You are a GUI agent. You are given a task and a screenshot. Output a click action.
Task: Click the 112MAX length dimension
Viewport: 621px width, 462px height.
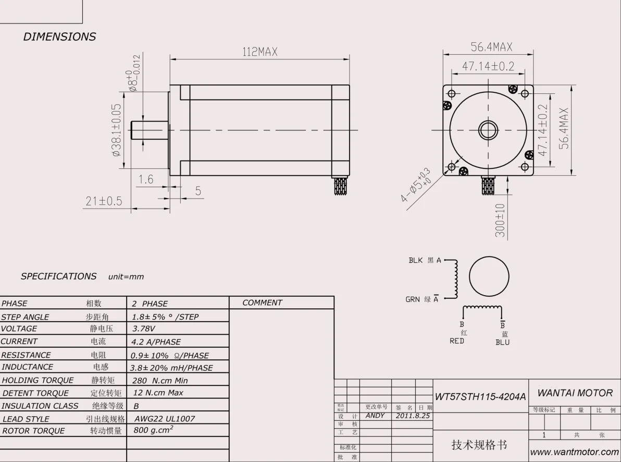point(259,52)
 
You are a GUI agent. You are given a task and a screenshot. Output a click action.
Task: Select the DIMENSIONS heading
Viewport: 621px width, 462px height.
point(59,37)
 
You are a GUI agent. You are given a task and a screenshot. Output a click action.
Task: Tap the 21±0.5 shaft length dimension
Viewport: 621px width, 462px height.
point(104,201)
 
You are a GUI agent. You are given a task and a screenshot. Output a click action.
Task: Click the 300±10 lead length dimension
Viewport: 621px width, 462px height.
point(500,221)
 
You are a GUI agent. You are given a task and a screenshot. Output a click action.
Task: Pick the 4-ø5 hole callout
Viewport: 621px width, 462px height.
point(416,186)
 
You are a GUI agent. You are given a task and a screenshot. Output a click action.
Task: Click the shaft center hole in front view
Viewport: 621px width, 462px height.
point(488,130)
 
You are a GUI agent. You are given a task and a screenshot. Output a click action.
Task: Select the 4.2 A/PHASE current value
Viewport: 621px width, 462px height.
point(156,342)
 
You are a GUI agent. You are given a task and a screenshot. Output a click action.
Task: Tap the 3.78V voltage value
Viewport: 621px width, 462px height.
point(144,329)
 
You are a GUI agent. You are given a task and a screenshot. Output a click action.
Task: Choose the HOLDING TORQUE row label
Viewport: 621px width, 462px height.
point(38,381)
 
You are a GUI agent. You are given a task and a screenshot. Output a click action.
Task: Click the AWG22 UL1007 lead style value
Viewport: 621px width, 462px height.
point(165,419)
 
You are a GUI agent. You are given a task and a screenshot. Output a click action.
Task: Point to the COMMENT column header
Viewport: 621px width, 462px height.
point(262,303)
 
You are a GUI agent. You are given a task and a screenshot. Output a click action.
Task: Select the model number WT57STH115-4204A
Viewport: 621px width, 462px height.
point(480,397)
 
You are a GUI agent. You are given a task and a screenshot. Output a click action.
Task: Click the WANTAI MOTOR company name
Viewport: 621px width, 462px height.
point(575,393)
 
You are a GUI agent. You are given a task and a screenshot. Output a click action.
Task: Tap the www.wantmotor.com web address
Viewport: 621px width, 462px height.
point(575,452)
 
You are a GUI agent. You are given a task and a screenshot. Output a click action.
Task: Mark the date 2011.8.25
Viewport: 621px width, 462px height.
point(413,416)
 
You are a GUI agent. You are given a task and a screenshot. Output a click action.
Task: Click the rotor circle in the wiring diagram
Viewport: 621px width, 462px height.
point(489,276)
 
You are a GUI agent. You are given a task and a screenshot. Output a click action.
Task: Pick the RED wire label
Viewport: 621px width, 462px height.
point(457,341)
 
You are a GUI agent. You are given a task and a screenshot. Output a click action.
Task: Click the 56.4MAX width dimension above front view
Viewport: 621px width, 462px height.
point(491,47)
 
